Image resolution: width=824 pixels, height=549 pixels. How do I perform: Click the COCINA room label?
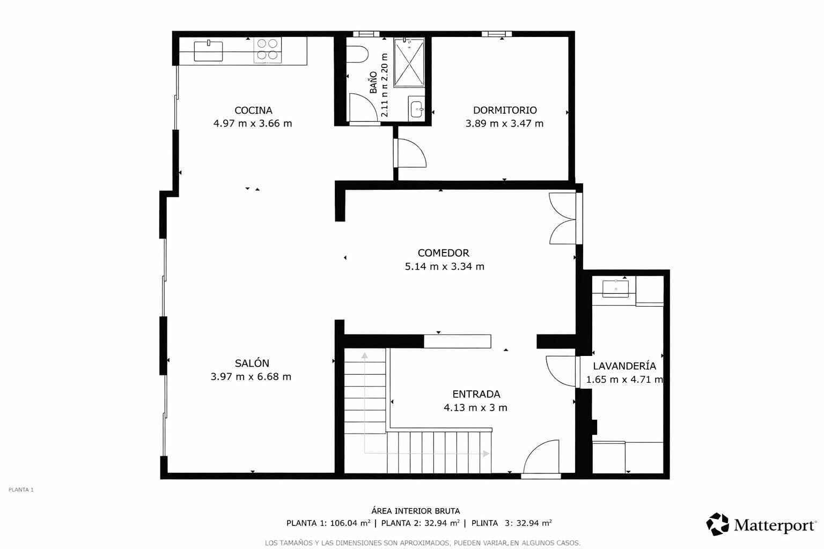(253, 110)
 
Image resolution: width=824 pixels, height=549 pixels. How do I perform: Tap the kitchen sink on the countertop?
(208, 51)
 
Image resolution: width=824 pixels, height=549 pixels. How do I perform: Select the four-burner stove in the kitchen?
(268, 50)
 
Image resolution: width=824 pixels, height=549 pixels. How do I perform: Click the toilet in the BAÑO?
(357, 55)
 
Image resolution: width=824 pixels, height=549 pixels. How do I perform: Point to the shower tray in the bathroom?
(409, 63)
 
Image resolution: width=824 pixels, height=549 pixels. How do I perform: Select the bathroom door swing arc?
(363, 107)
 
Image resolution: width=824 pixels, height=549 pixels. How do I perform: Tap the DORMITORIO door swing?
(411, 153)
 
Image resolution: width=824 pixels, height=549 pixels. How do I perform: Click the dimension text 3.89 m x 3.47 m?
(504, 123)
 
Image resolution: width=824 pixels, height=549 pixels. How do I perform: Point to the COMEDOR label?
(443, 253)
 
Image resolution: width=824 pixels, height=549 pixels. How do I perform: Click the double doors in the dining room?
(563, 218)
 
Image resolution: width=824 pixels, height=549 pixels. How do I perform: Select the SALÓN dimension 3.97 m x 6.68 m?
(251, 376)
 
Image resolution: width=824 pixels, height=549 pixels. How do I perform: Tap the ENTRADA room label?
(476, 394)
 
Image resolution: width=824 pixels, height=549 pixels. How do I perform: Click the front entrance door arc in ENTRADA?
(541, 456)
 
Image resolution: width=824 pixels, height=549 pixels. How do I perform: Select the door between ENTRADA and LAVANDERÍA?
(561, 371)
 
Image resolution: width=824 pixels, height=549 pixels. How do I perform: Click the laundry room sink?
(615, 288)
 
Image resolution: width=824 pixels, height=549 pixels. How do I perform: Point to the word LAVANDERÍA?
(624, 366)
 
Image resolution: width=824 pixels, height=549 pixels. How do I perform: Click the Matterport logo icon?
(717, 524)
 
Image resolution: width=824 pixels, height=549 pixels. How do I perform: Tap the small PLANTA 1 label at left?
(21, 490)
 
